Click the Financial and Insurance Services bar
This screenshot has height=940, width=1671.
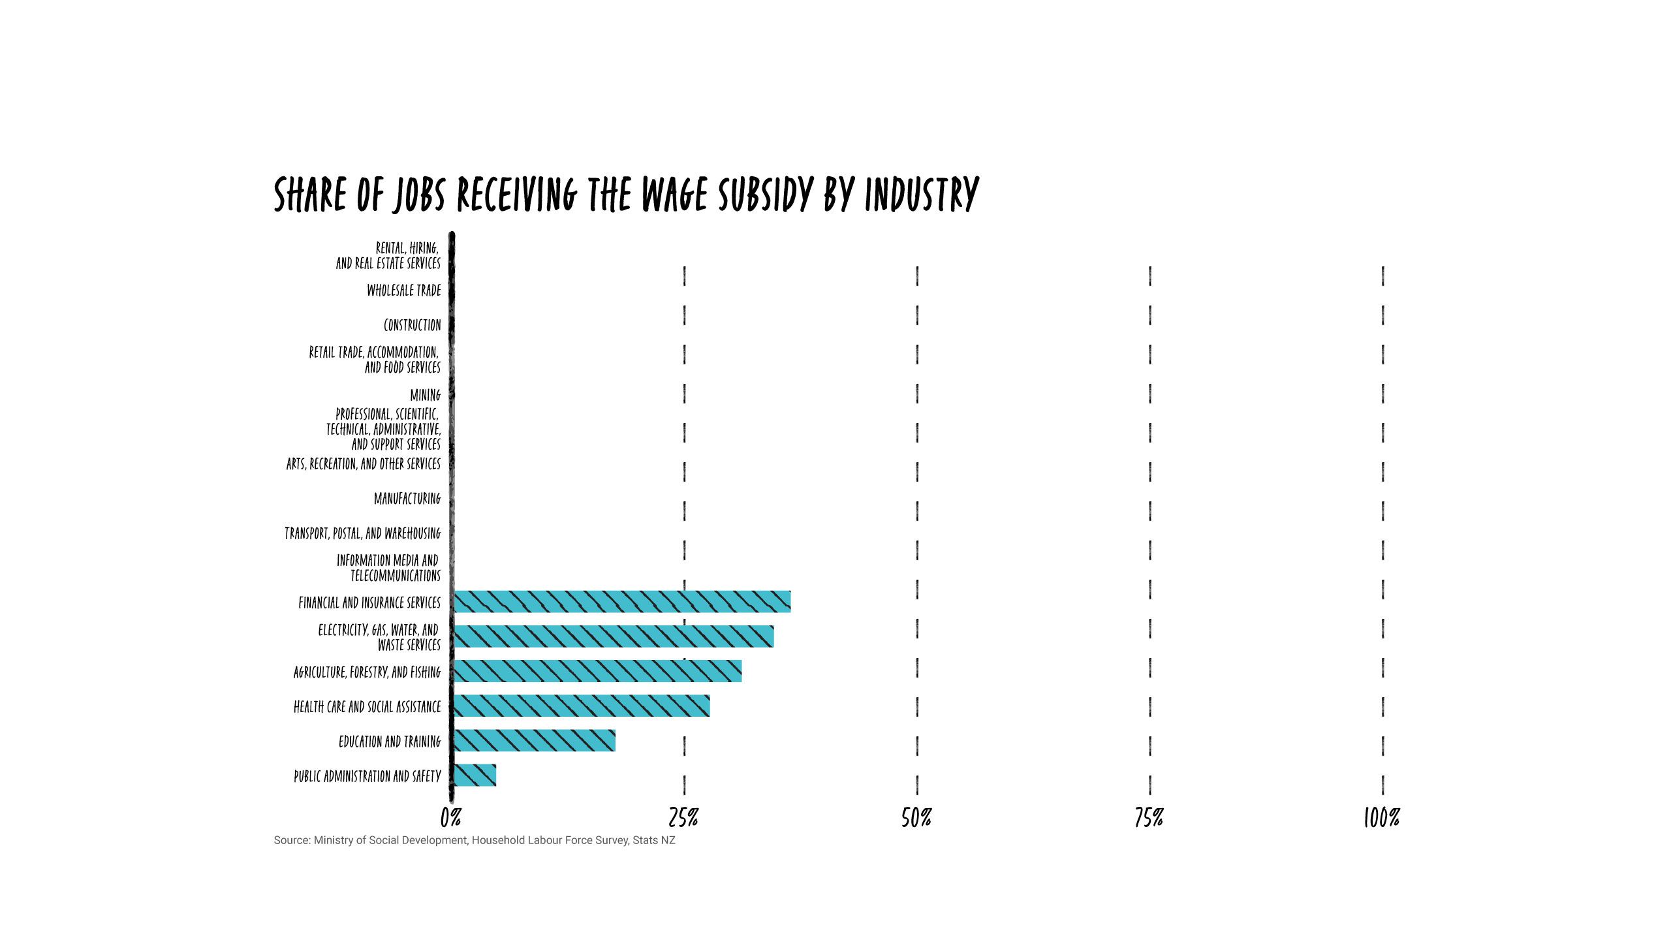coord(621,601)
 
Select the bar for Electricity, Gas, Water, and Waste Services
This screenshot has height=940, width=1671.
coord(614,636)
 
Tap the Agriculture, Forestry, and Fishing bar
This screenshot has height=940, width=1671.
coord(597,671)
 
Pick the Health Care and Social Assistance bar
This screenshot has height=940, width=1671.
coord(582,706)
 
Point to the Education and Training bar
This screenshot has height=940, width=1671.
coord(534,740)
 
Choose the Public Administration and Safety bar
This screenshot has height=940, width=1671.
coord(475,775)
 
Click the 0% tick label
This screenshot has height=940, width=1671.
coord(450,817)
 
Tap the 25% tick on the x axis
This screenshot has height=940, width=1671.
coord(683,817)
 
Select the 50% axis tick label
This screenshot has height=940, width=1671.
coord(916,817)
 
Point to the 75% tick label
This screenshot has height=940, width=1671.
coord(1149,817)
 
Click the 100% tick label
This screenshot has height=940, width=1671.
coord(1382,817)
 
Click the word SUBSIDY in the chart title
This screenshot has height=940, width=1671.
coord(765,195)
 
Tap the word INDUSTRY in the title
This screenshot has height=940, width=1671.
coord(922,195)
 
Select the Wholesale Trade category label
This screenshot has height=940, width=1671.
coord(403,290)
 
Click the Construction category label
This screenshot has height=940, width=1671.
coord(412,324)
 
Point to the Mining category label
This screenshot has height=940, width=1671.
coord(425,395)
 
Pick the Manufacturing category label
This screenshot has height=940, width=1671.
coord(407,498)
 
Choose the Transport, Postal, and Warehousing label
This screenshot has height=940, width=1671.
coord(362,533)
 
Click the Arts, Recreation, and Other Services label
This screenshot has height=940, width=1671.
coord(363,463)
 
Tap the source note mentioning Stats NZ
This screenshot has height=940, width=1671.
coord(475,840)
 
